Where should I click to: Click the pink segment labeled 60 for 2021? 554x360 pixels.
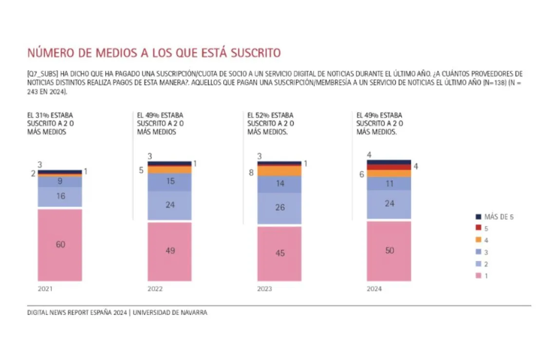point(60,245)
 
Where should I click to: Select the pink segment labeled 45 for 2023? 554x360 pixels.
point(279,254)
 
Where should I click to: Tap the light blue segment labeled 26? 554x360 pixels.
point(279,208)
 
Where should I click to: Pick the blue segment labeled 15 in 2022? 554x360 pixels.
point(169,182)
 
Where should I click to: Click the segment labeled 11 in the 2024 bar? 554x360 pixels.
point(389,183)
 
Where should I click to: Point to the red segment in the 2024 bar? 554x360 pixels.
point(389,167)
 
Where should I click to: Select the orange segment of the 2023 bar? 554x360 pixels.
point(279,171)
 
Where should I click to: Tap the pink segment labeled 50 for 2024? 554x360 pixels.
point(389,252)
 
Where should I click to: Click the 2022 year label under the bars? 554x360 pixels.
point(155,288)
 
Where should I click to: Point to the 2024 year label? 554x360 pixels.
point(374,288)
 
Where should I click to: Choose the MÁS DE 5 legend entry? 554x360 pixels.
point(495,216)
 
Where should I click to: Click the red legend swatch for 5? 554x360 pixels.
point(479,228)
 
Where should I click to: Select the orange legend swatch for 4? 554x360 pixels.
point(479,240)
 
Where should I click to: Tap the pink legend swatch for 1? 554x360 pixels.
point(479,275)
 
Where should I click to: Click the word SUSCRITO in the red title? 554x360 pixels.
point(256,53)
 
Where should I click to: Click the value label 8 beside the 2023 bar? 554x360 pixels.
point(251,173)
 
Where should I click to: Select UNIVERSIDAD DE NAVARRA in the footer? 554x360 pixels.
point(170,312)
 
